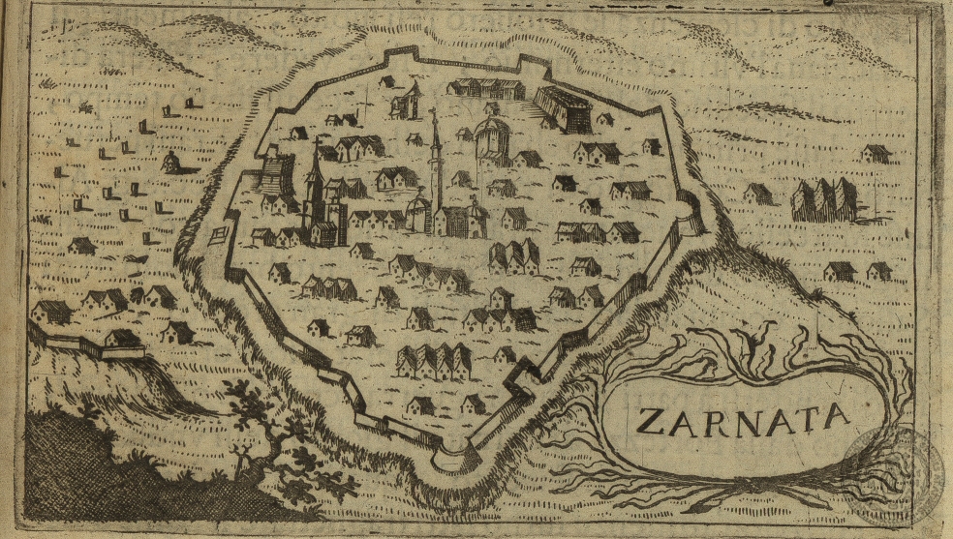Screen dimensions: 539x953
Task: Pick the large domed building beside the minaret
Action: [x=493, y=141]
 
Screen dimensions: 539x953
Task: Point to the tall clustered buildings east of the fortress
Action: [x=824, y=199]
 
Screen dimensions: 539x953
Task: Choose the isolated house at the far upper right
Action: [x=876, y=153]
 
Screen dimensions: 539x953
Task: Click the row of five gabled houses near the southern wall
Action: [x=434, y=361]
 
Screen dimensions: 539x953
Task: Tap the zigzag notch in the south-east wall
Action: [x=520, y=373]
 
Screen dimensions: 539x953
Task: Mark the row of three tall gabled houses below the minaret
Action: [x=514, y=256]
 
